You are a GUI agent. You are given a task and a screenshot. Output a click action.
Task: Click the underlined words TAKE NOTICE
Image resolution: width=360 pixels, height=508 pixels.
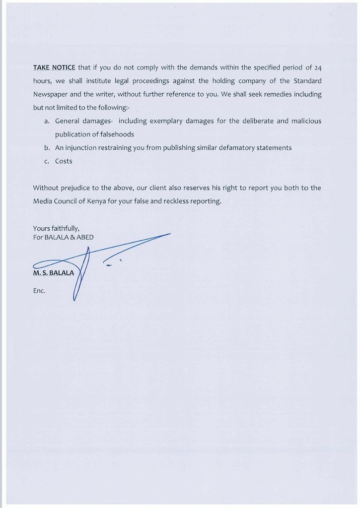[x=54, y=67]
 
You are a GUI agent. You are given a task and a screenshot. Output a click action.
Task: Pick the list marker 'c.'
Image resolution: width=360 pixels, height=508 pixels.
[x=47, y=161]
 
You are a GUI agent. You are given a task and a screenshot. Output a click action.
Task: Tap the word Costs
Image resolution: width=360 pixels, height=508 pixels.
[x=64, y=161]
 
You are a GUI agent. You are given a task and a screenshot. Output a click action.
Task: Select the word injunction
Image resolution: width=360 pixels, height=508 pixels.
[x=82, y=148]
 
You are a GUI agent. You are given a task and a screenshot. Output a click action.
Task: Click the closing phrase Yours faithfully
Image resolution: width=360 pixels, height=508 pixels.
[x=56, y=228]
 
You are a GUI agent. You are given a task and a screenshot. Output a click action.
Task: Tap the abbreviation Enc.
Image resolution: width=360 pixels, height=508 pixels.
[x=39, y=291]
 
